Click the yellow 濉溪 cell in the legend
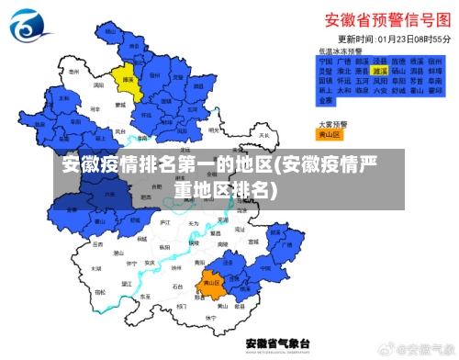click(378, 70)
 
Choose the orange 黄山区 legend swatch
click(328, 133)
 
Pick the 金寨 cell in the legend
click(325, 101)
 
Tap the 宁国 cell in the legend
click(325, 60)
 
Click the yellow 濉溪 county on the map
click(124, 80)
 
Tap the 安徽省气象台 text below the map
click(275, 343)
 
